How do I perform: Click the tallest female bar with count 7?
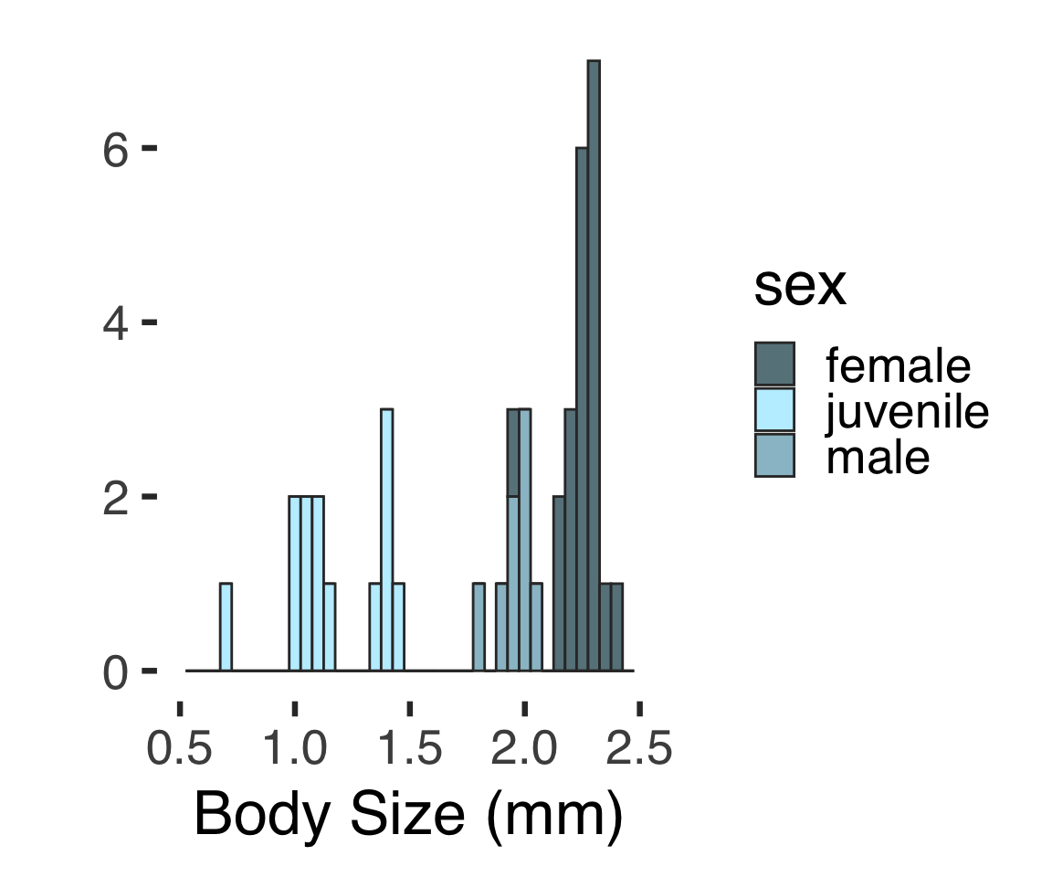pos(594,365)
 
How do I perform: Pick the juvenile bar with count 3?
pos(387,539)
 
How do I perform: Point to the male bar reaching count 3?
pos(525,539)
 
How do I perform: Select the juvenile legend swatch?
pos(774,410)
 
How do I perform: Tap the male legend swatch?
pos(774,455)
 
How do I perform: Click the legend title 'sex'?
pos(800,288)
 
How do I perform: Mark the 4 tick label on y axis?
pos(115,323)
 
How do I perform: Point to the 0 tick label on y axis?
pos(115,672)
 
